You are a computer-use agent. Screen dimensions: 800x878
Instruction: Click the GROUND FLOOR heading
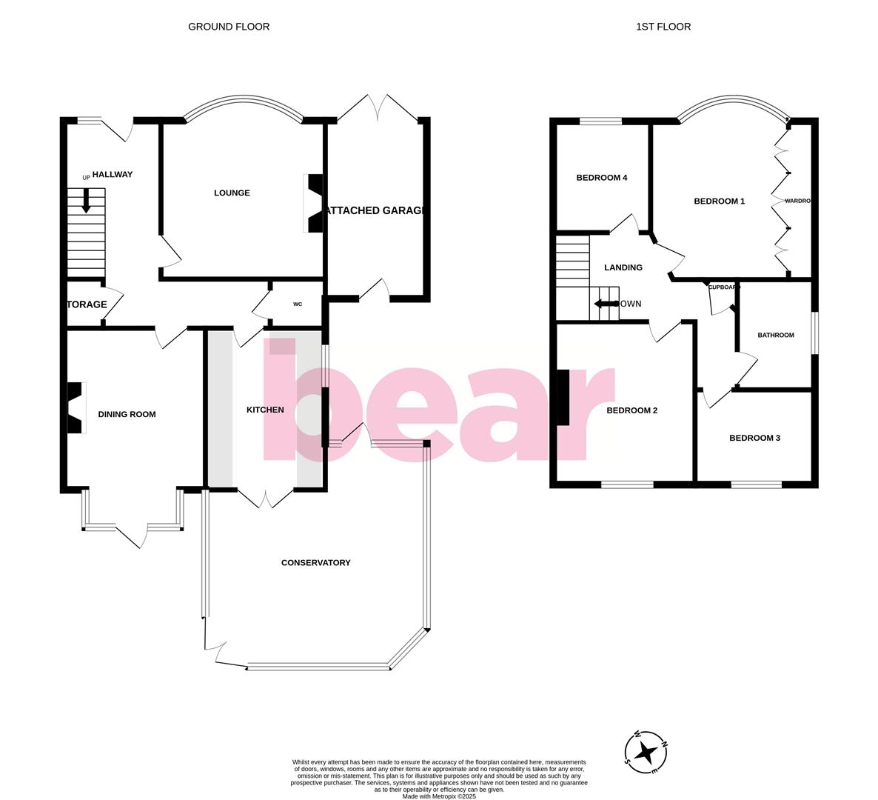[229, 27]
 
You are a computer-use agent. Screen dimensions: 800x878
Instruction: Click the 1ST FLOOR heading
[663, 27]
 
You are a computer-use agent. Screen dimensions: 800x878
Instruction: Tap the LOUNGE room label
[232, 193]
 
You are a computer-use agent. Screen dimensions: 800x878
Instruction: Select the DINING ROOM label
[127, 414]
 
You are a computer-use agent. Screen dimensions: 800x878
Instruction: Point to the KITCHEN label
[265, 410]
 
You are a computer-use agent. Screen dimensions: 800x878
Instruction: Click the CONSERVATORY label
[315, 562]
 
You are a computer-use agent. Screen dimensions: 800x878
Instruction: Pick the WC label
[298, 304]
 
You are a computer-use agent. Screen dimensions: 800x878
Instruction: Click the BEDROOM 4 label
[602, 178]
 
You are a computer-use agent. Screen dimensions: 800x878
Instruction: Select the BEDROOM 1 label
[719, 201]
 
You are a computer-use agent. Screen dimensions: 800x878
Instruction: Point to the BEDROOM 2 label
[631, 410]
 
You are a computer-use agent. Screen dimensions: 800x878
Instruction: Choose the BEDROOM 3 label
[754, 438]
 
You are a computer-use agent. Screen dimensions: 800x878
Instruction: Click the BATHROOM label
[775, 335]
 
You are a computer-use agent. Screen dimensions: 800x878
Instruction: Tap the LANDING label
[623, 267]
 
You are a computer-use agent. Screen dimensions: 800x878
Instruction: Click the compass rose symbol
[646, 751]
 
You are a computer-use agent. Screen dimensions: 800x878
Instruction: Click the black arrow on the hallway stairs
[87, 201]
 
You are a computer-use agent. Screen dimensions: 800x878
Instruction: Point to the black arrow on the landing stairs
[605, 304]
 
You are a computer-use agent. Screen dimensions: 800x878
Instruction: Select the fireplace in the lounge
[315, 203]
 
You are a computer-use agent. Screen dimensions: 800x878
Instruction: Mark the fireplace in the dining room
[76, 407]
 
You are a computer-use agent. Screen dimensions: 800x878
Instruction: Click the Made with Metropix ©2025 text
[439, 796]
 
